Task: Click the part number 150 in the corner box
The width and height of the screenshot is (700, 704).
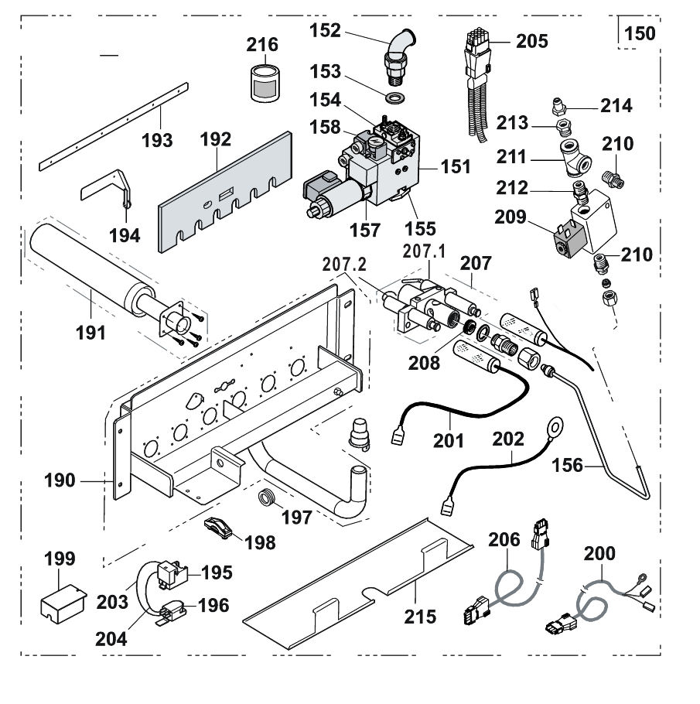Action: (x=640, y=33)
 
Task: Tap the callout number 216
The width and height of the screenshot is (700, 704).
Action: (x=262, y=44)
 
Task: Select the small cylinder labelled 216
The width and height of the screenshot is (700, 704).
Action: (x=265, y=84)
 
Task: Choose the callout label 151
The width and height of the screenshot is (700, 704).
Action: (x=456, y=166)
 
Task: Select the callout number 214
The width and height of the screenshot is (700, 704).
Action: (x=616, y=106)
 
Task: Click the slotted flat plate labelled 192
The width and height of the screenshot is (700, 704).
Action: (x=225, y=192)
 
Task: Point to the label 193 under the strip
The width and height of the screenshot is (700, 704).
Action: (x=157, y=141)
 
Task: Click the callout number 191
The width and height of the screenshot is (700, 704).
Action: (x=90, y=333)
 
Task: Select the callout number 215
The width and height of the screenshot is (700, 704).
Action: (x=420, y=617)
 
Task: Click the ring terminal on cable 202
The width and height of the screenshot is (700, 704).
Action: (x=555, y=426)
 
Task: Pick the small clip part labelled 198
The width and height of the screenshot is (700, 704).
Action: (x=218, y=528)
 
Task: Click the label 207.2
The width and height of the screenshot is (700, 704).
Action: (x=344, y=265)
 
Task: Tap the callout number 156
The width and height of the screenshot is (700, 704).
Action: (x=567, y=466)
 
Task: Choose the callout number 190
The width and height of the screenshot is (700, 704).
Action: (x=60, y=481)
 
